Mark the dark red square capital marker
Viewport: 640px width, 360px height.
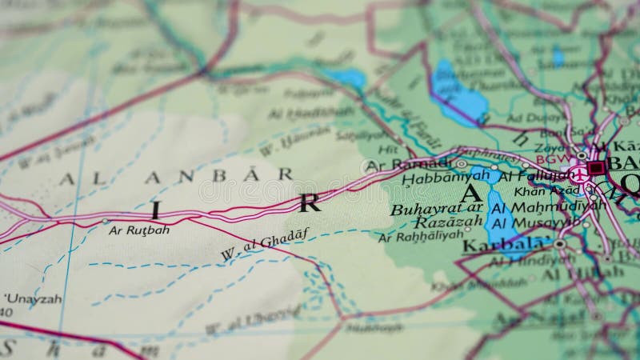595,168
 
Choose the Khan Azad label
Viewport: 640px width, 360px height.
546,191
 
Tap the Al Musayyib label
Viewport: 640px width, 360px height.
535,222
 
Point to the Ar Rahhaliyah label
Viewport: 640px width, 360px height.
420,236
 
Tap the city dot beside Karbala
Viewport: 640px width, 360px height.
559,243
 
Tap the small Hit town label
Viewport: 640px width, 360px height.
387,149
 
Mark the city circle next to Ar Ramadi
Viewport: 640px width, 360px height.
369,166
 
